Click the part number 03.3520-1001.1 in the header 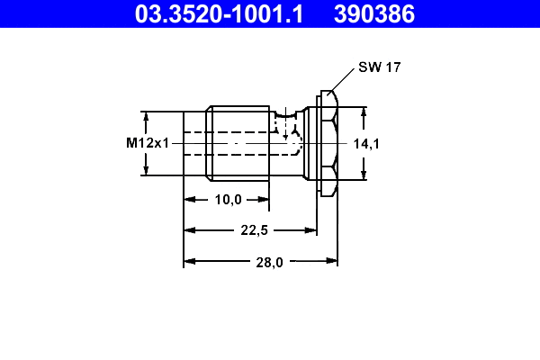(x=219, y=13)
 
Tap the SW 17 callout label (x=379, y=67)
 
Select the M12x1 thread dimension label (x=148, y=143)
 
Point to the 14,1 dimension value (x=365, y=143)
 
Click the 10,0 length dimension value (x=227, y=200)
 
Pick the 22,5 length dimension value (x=255, y=230)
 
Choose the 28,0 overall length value (x=269, y=262)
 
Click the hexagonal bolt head (x=328, y=143)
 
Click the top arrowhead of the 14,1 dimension (x=364, y=112)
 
